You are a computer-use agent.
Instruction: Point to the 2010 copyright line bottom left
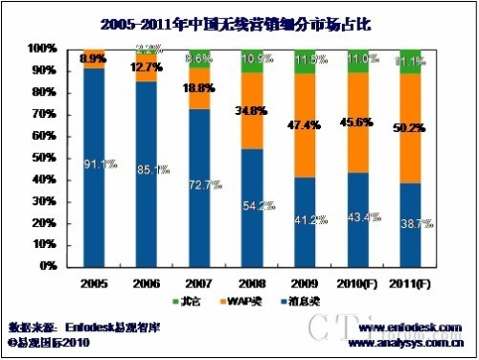(49, 340)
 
